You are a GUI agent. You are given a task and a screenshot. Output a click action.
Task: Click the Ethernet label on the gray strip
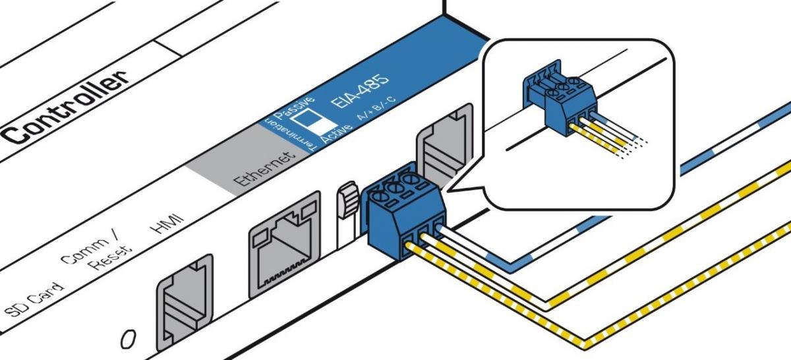coord(262,171)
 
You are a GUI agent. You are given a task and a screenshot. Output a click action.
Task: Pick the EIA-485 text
coord(359,96)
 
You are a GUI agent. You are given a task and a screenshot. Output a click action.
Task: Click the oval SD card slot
coord(129,340)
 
